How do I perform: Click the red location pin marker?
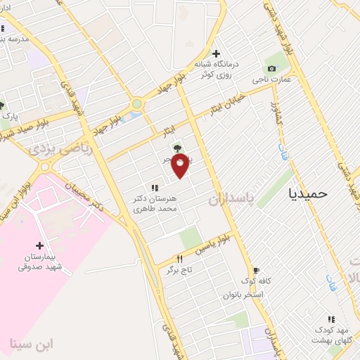point(180,165)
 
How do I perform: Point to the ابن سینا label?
point(32,344)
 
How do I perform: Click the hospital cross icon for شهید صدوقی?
point(40,245)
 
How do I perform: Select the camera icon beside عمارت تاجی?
point(271,68)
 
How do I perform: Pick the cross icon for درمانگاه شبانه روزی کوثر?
point(216,53)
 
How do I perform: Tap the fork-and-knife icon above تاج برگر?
point(179,259)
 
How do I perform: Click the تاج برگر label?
point(178,270)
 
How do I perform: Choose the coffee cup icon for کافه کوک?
point(255,271)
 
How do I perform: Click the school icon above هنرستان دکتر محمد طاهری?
point(155,188)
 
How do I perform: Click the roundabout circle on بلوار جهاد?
point(136,103)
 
